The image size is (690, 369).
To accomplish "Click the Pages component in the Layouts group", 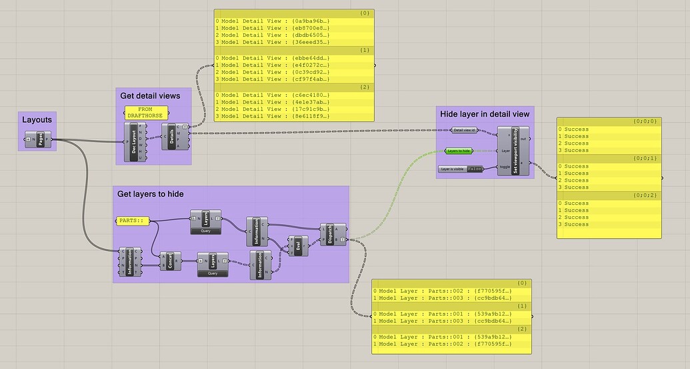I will [x=40, y=139].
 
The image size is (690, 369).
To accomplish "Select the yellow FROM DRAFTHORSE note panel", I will [x=145, y=111].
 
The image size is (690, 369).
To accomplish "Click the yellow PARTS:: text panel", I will [x=133, y=220].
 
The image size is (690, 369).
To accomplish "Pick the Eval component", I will [x=297, y=244].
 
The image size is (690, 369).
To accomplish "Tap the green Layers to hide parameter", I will [x=459, y=151].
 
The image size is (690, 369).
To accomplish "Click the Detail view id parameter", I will [x=465, y=130].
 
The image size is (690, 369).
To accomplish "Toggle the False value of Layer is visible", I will [x=475, y=169].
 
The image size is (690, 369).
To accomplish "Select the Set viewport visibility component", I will [x=515, y=150].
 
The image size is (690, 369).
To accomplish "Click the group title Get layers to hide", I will [x=150, y=194].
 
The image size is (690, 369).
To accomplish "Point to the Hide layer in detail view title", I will [x=485, y=114].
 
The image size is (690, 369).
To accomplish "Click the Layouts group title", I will [x=37, y=120].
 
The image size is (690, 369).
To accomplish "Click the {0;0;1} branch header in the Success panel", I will [x=645, y=158].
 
